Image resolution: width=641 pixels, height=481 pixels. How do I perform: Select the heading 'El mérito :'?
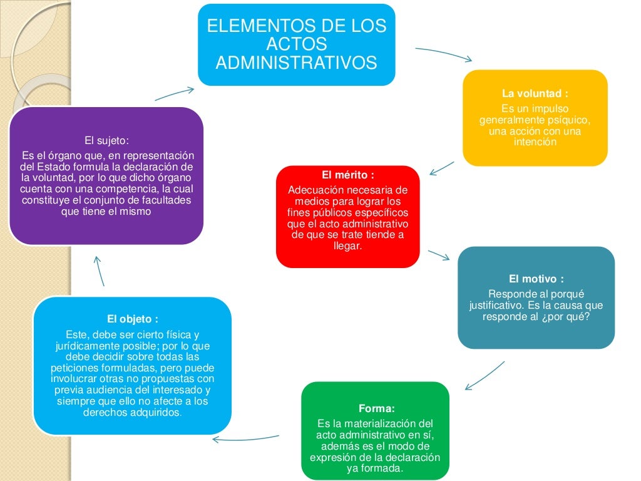pyautogui.click(x=347, y=175)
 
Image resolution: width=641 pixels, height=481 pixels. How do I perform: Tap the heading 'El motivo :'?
pyautogui.click(x=536, y=279)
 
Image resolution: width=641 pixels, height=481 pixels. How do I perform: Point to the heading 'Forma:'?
pyautogui.click(x=376, y=409)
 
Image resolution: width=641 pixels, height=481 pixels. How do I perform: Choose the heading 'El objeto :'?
pyautogui.click(x=132, y=319)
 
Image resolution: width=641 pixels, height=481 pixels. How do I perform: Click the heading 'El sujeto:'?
pyautogui.click(x=106, y=140)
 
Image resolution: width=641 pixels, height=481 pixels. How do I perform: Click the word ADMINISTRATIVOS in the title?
pyautogui.click(x=296, y=63)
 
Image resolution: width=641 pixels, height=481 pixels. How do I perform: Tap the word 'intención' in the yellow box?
pyautogui.click(x=535, y=142)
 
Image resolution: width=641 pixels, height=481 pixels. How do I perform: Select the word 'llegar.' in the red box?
pyautogui.click(x=348, y=246)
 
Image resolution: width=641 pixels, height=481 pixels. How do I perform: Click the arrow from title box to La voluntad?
pyautogui.click(x=444, y=54)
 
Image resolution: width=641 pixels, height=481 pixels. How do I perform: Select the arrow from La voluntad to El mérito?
pyautogui.click(x=443, y=167)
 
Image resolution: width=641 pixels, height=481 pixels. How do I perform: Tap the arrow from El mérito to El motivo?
pyautogui.click(x=439, y=255)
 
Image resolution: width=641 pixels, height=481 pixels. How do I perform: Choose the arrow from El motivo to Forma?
pyautogui.click(x=485, y=375)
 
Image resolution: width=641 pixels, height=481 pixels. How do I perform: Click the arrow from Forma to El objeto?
pyautogui.click(x=245, y=438)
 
